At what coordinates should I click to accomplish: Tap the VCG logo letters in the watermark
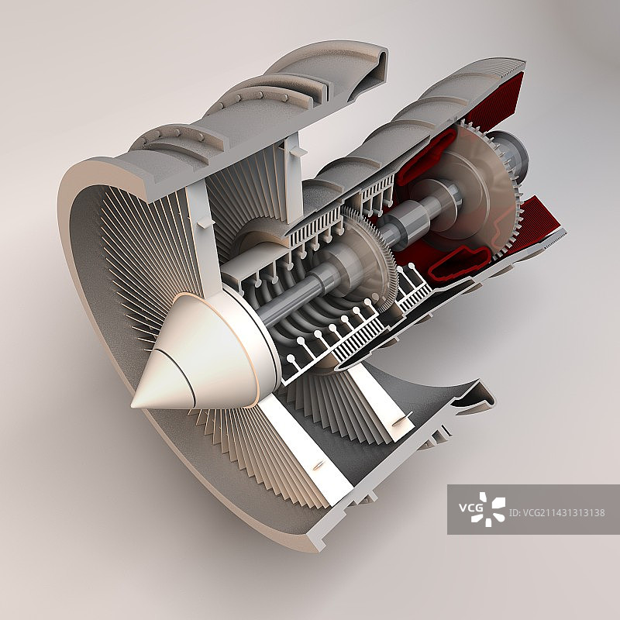tap(470, 507)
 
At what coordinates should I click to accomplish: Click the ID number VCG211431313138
tap(556, 513)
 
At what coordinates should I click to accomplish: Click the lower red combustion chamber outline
tap(460, 262)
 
